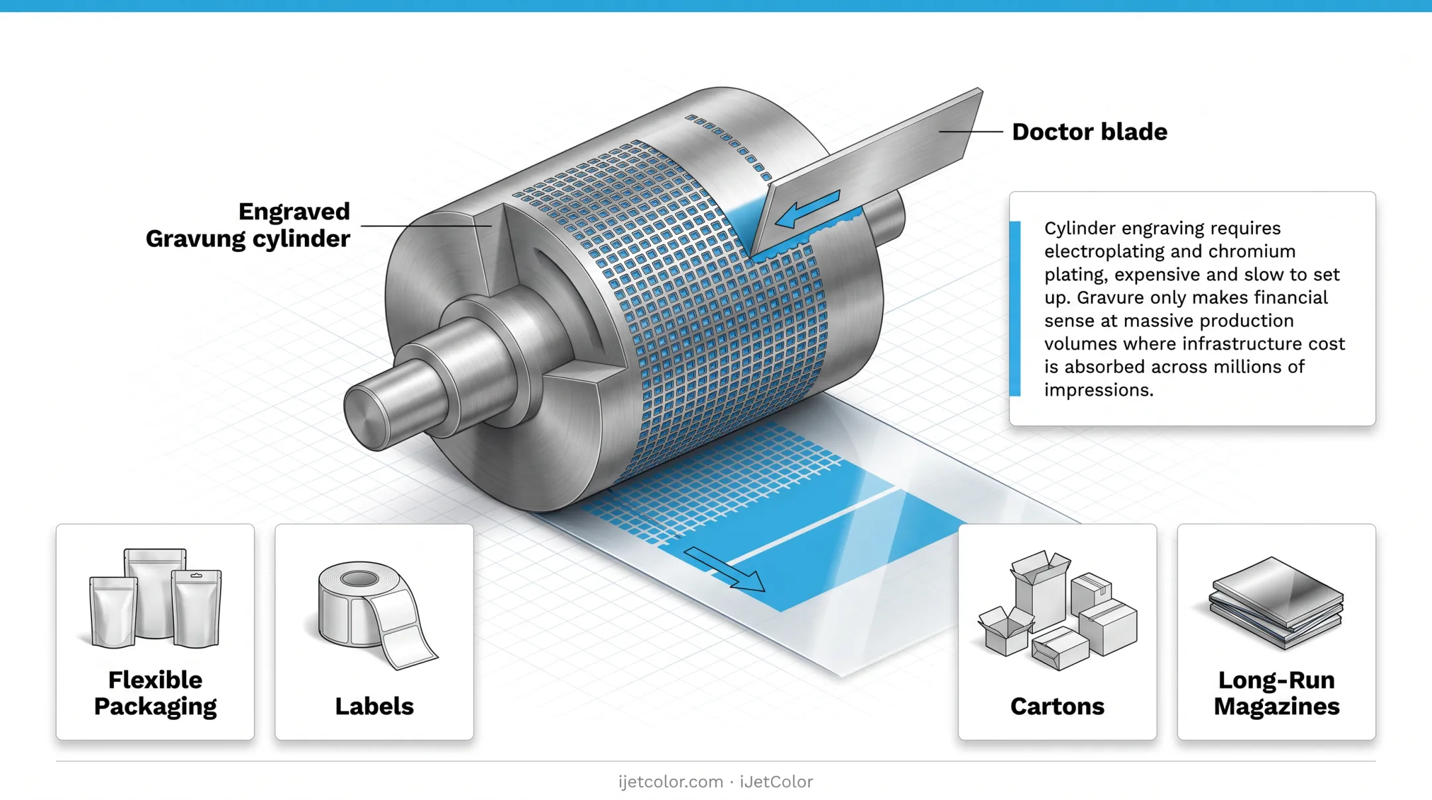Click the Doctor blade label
pyautogui.click(x=1089, y=131)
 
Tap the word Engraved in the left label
pyautogui.click(x=294, y=212)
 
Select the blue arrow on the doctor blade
pyautogui.click(x=807, y=210)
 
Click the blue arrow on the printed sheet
pyautogui.click(x=725, y=569)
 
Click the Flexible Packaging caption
pyautogui.click(x=155, y=693)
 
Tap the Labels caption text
pyautogui.click(x=374, y=706)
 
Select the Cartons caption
pyautogui.click(x=1057, y=706)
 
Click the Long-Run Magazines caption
pyautogui.click(x=1276, y=693)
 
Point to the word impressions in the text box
pyautogui.click(x=1099, y=390)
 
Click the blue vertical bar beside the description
pyautogui.click(x=1015, y=308)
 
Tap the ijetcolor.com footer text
pyautogui.click(x=670, y=782)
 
